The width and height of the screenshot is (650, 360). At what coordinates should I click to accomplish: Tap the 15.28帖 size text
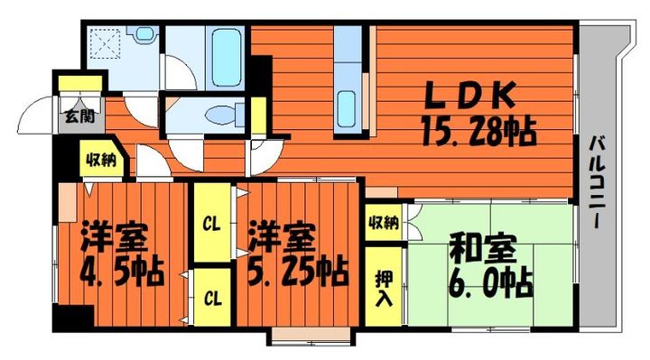[x=478, y=133]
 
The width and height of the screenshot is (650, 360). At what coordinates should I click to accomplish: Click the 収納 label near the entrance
[x=99, y=161]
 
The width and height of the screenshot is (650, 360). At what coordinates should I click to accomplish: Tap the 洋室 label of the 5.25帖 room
[x=282, y=236]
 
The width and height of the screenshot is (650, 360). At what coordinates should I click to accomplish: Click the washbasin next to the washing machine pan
[x=144, y=37]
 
